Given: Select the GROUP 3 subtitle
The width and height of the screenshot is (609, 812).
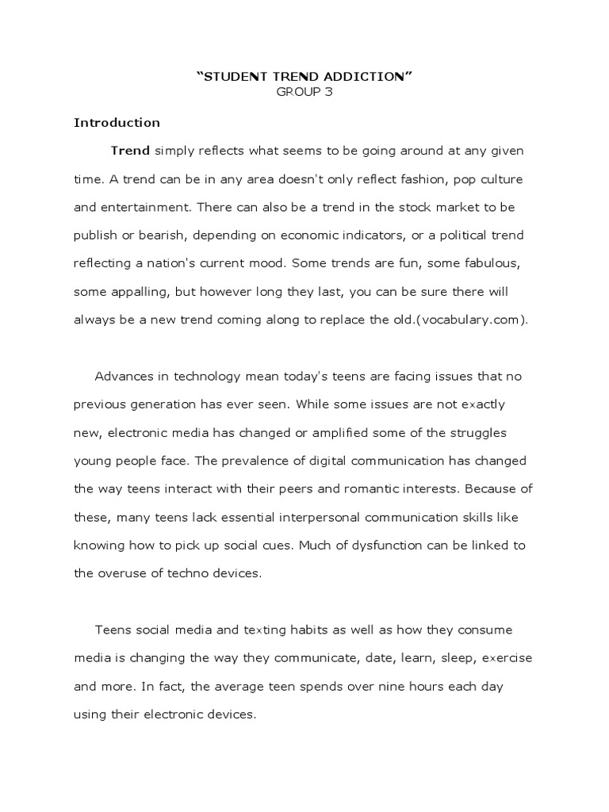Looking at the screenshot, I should click(304, 92).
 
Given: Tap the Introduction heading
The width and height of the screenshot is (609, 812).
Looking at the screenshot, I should click(117, 122).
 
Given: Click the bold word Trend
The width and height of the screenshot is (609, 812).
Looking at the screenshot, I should click(130, 151).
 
